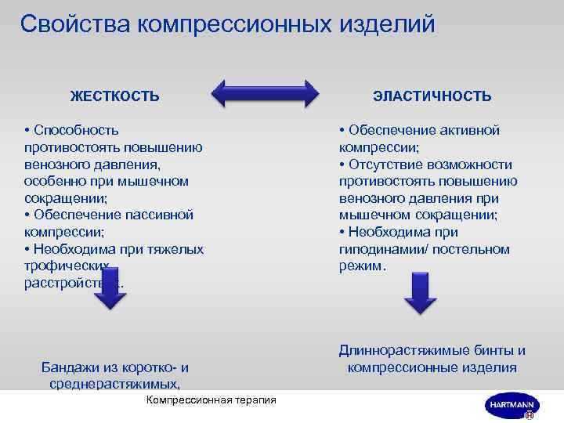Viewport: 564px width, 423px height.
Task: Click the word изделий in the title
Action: click(387, 23)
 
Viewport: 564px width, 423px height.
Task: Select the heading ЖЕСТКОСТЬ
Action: click(115, 96)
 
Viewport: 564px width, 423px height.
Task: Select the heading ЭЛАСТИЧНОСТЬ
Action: click(432, 96)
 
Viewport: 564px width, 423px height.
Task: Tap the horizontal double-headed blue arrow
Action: click(266, 93)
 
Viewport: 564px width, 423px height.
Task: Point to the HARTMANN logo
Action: click(509, 406)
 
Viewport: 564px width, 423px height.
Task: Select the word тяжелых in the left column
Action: click(179, 249)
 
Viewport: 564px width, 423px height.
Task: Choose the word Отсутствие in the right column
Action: click(393, 164)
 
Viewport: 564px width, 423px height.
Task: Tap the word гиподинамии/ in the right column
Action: click(378, 249)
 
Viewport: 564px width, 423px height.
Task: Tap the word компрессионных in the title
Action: click(234, 23)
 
